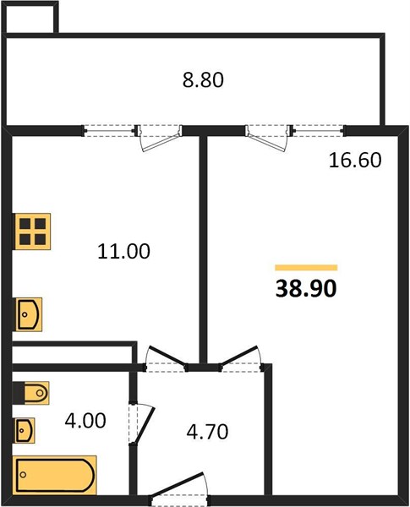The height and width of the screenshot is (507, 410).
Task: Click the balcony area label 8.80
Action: (203, 80)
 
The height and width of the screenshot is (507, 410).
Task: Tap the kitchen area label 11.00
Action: (123, 251)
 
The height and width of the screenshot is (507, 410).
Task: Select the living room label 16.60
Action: (355, 160)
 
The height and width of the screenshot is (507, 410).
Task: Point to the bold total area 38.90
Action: (306, 288)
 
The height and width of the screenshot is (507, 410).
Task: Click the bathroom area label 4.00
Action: (85, 421)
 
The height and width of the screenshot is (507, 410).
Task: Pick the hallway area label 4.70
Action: (207, 431)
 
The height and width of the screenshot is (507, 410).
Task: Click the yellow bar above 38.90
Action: (306, 267)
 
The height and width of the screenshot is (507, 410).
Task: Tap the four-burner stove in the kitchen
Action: (32, 232)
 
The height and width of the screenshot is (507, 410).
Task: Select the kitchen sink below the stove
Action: (29, 314)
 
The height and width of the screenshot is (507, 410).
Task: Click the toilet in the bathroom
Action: (30, 393)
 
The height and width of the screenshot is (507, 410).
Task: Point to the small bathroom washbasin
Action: (25, 430)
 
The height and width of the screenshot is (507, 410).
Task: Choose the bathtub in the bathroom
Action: (55, 475)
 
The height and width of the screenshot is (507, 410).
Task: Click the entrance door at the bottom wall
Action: (180, 489)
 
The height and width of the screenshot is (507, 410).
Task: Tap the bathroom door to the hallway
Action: (141, 424)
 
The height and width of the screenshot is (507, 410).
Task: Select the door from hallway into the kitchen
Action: (166, 359)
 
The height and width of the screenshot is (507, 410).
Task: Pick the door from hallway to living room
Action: (242, 359)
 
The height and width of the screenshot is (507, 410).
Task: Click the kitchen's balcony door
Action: (160, 138)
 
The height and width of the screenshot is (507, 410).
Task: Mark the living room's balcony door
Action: (269, 138)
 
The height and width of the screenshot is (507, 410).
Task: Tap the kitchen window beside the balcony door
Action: (109, 131)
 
